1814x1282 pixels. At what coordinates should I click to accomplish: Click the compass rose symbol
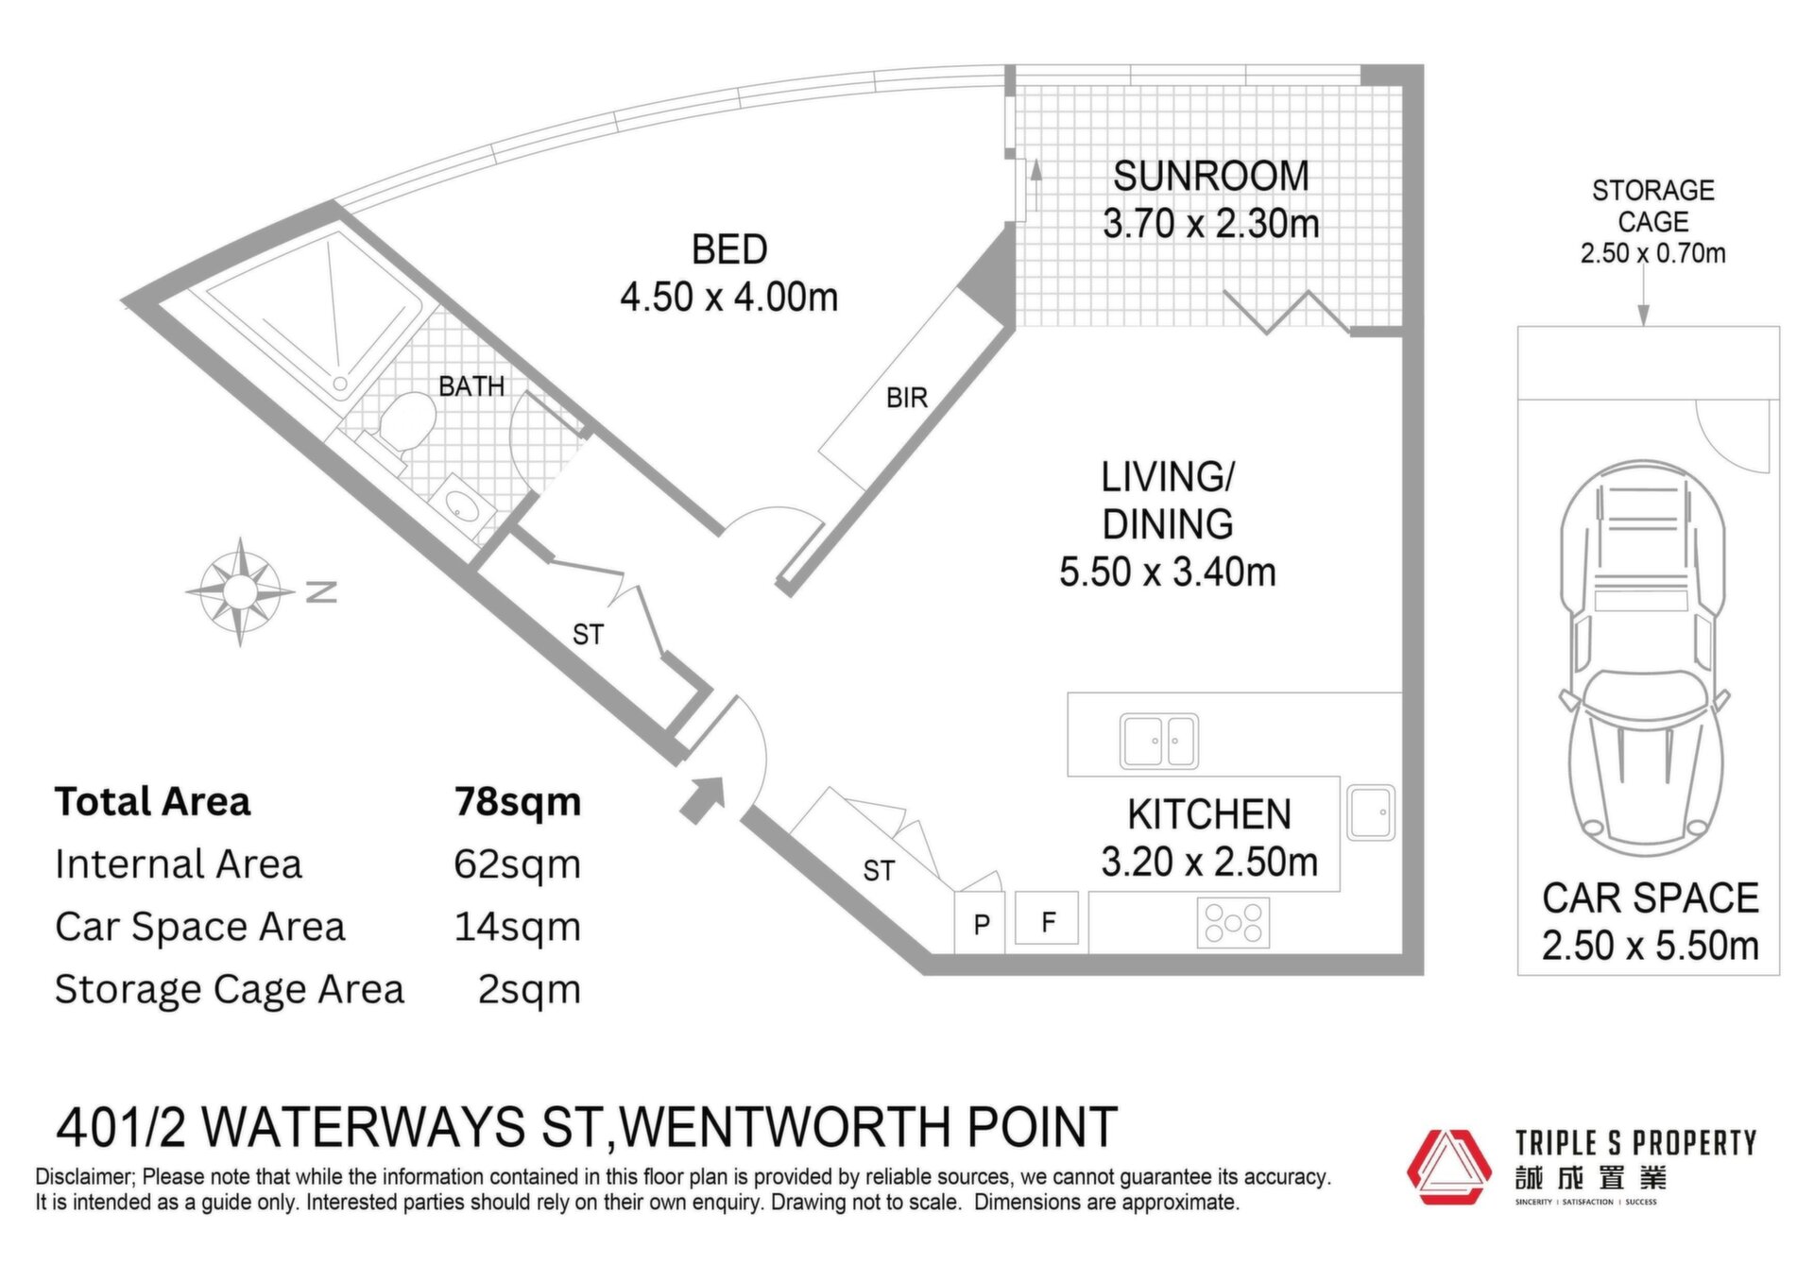point(240,591)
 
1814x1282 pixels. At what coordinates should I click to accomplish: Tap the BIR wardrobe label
point(907,399)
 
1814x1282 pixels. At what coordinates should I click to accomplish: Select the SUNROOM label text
point(1210,176)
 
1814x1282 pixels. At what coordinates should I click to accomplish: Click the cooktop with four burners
point(1233,922)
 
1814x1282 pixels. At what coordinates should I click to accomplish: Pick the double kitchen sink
point(1159,741)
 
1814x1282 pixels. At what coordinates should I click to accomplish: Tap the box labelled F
point(1047,918)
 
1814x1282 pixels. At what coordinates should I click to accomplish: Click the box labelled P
point(981,923)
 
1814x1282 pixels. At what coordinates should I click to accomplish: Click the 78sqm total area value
point(518,802)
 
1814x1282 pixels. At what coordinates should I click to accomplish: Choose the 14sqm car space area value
point(518,927)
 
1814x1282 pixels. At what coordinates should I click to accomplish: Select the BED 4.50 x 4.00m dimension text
point(729,298)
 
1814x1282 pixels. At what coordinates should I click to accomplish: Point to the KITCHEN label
point(1209,814)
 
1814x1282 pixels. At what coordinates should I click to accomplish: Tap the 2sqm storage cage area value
point(529,989)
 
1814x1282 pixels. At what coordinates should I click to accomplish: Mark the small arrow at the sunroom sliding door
point(1035,184)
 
